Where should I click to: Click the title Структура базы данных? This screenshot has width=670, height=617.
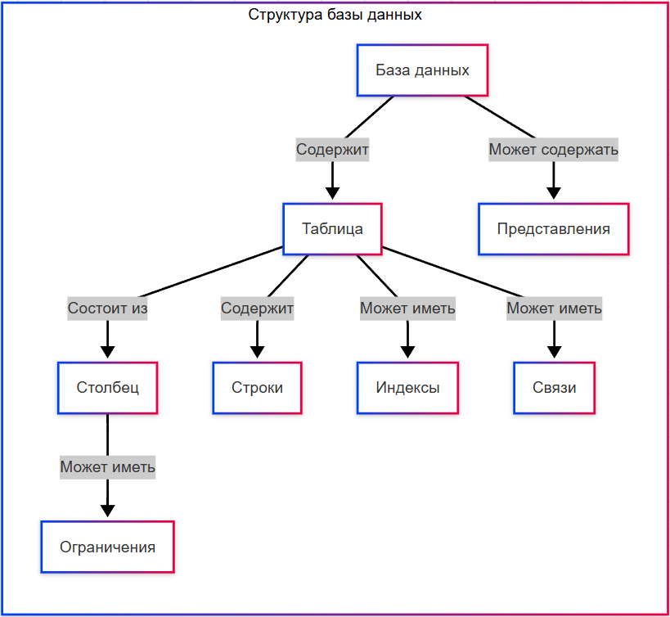(335, 15)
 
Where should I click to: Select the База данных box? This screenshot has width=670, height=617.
(422, 70)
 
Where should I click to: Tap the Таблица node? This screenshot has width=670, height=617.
(332, 228)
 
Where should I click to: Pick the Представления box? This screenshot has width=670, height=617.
(553, 228)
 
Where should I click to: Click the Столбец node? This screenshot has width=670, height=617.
(107, 387)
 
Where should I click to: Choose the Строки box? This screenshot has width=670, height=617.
(257, 387)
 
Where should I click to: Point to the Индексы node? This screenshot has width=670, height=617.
(407, 387)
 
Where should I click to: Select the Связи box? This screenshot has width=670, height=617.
(555, 387)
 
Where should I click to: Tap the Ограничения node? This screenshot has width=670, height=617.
(107, 547)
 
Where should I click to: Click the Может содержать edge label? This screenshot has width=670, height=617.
(553, 150)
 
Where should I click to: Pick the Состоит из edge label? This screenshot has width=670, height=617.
(107, 308)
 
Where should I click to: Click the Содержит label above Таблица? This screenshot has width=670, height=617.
(332, 150)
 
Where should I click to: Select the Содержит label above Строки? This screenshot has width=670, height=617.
(257, 308)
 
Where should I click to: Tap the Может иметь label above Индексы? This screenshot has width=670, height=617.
(407, 308)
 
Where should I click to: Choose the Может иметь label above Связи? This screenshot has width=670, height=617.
(555, 308)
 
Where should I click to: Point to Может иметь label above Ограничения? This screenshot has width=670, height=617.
(107, 467)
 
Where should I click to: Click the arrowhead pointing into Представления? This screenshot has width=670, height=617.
(553, 193)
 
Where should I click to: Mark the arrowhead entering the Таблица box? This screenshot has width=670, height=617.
(332, 193)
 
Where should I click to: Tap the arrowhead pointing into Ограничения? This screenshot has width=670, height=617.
(107, 511)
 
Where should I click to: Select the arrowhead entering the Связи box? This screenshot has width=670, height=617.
(555, 352)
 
